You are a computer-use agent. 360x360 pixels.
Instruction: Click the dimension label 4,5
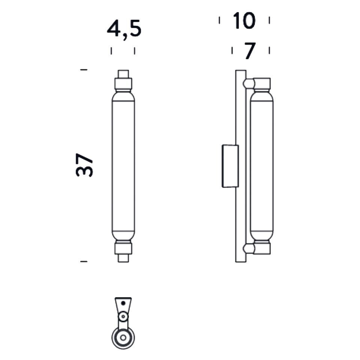pos(124,29)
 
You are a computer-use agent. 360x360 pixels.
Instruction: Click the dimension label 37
pos(84,165)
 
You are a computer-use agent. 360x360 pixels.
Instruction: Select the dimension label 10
pos(244,21)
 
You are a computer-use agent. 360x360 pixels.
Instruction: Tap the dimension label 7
pos(250,51)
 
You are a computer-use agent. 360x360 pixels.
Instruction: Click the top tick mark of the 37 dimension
pos(84,70)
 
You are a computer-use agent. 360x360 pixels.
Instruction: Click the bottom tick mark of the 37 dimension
pos(84,261)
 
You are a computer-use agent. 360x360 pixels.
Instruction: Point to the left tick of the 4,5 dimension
pos(111,51)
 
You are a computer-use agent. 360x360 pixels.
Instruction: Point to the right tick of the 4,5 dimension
pos(135,51)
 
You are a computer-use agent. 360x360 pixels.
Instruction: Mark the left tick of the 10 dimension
pos(219,20)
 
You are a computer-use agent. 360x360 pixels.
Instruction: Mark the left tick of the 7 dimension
pos(232,50)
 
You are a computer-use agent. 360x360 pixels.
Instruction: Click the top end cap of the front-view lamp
pos(123,73)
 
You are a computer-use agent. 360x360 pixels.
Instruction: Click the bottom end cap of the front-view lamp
pos(123,258)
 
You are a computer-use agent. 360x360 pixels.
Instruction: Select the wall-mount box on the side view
pos(230,166)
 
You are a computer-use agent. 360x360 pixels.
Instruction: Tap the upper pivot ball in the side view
pos(248,83)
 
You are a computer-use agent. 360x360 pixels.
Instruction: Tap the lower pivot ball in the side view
pos(248,248)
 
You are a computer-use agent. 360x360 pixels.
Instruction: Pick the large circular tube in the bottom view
pos(123,337)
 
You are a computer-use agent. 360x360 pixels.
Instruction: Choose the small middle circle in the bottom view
pos(123,317)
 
